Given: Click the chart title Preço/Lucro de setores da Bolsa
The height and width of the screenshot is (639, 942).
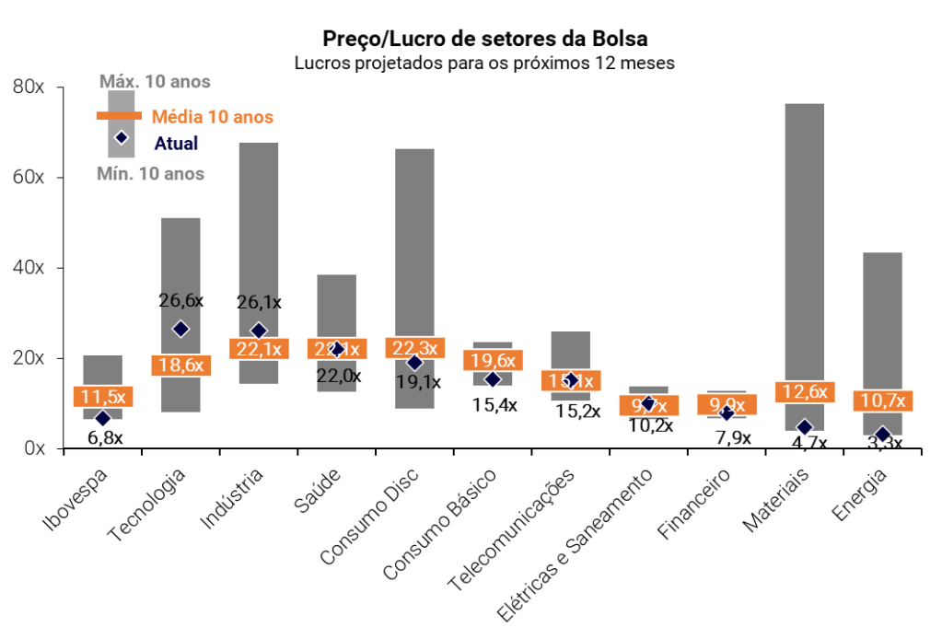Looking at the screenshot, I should [x=484, y=39].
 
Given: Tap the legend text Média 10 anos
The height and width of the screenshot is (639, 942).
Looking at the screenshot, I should [x=212, y=117].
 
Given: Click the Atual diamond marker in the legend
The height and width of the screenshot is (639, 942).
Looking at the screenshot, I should [x=121, y=138].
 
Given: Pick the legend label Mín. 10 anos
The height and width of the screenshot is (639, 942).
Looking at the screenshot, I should [x=150, y=173].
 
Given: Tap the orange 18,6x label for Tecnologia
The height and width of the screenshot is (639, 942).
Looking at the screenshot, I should [x=180, y=365].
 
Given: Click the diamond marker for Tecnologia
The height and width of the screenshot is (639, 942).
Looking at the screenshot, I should [x=180, y=329].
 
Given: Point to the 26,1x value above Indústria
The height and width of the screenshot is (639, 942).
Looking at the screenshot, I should [x=259, y=301].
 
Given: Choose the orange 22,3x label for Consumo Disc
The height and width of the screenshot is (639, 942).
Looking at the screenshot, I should [x=415, y=347].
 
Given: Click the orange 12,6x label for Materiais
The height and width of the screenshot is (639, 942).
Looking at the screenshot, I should [x=804, y=392].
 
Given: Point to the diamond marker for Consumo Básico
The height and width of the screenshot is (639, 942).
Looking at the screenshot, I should [x=493, y=379].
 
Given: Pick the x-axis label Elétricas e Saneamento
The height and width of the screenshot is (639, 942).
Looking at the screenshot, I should [x=576, y=543].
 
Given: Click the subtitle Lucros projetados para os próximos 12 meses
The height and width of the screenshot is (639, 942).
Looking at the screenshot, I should [x=484, y=64].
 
